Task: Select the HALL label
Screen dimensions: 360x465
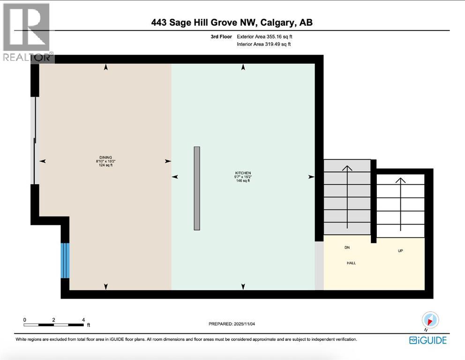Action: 351,263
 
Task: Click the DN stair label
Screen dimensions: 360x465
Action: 347,247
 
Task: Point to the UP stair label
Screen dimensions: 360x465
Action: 400,251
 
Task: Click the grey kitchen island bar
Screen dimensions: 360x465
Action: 197,188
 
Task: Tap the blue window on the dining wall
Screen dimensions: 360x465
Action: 65,260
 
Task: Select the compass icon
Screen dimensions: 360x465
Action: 430,320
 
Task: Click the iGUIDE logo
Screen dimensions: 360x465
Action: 427,340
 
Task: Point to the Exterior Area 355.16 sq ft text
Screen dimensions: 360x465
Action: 267,36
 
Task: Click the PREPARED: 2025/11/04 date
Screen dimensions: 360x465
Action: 232,324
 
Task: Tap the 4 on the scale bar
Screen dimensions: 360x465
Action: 83,320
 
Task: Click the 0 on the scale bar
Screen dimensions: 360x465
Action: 25,320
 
